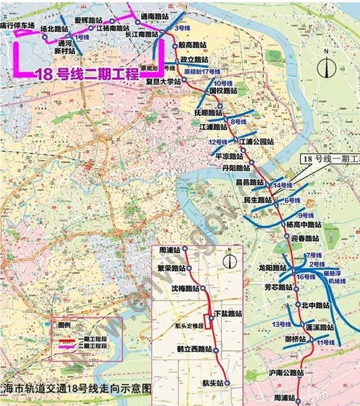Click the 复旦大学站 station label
coord(164,81)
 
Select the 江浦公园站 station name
coord(256,141)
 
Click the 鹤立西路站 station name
coord(189,349)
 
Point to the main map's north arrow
coord(327,65)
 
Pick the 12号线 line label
coord(219,142)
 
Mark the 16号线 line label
coord(306,277)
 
